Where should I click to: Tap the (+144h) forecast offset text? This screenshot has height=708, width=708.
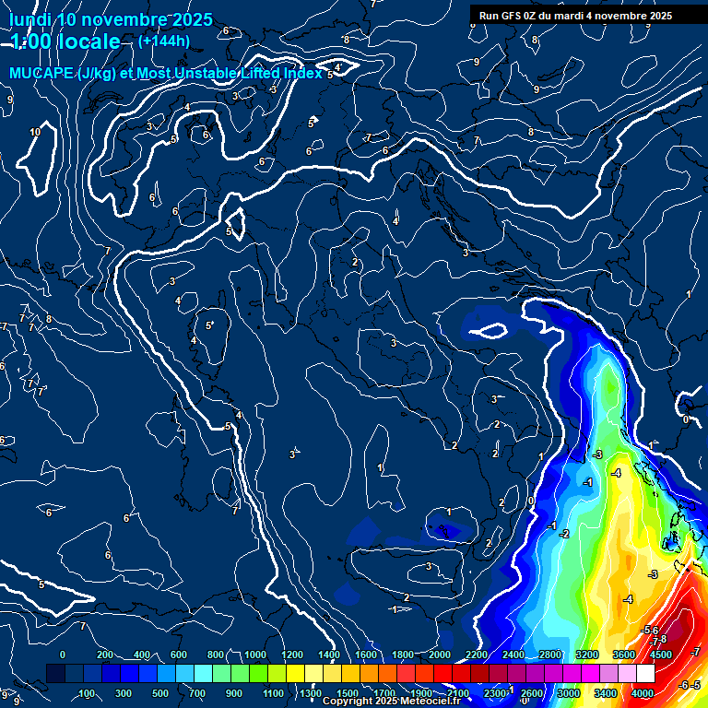point(164,41)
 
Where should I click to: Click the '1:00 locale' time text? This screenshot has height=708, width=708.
point(65,42)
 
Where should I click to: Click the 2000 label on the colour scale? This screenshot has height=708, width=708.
point(440,655)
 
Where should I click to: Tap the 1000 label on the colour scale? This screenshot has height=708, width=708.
point(255,655)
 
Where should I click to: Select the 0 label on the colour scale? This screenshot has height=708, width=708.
point(63,655)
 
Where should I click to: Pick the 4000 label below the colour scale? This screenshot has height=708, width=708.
point(643,693)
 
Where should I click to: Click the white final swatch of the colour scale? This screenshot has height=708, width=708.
point(645,674)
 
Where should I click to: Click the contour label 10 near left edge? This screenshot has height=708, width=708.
point(35,133)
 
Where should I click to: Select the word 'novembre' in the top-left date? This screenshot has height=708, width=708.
point(118,19)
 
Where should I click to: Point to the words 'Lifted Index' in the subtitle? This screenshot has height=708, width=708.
point(276,74)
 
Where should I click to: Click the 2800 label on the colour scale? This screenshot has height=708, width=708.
point(550,655)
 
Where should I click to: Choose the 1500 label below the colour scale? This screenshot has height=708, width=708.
point(348,693)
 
